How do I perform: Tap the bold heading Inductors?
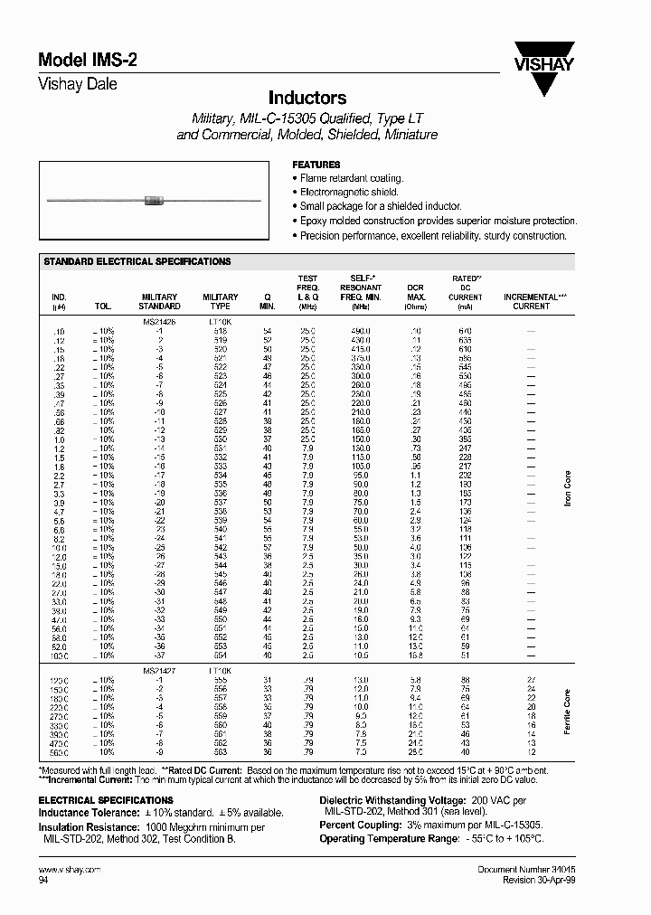click(307, 98)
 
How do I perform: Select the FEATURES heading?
click(316, 165)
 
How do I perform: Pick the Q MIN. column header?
click(267, 301)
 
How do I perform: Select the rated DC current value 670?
click(465, 331)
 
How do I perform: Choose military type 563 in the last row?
click(221, 751)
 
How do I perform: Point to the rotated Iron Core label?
click(568, 489)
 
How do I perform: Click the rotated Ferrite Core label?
click(568, 712)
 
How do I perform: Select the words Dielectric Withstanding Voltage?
click(392, 801)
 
